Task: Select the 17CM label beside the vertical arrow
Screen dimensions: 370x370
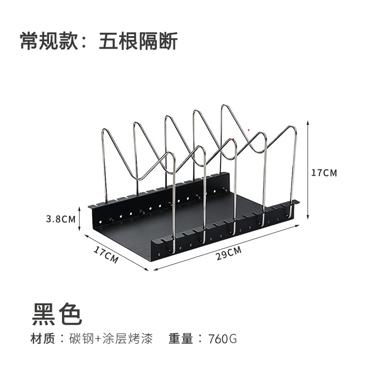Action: point(324,173)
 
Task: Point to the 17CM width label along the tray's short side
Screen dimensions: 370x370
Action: point(106,254)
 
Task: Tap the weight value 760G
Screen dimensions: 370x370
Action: point(222,339)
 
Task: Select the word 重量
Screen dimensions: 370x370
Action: point(180,339)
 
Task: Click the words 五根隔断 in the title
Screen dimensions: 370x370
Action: point(138,42)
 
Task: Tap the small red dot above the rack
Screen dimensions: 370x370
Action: point(249,130)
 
